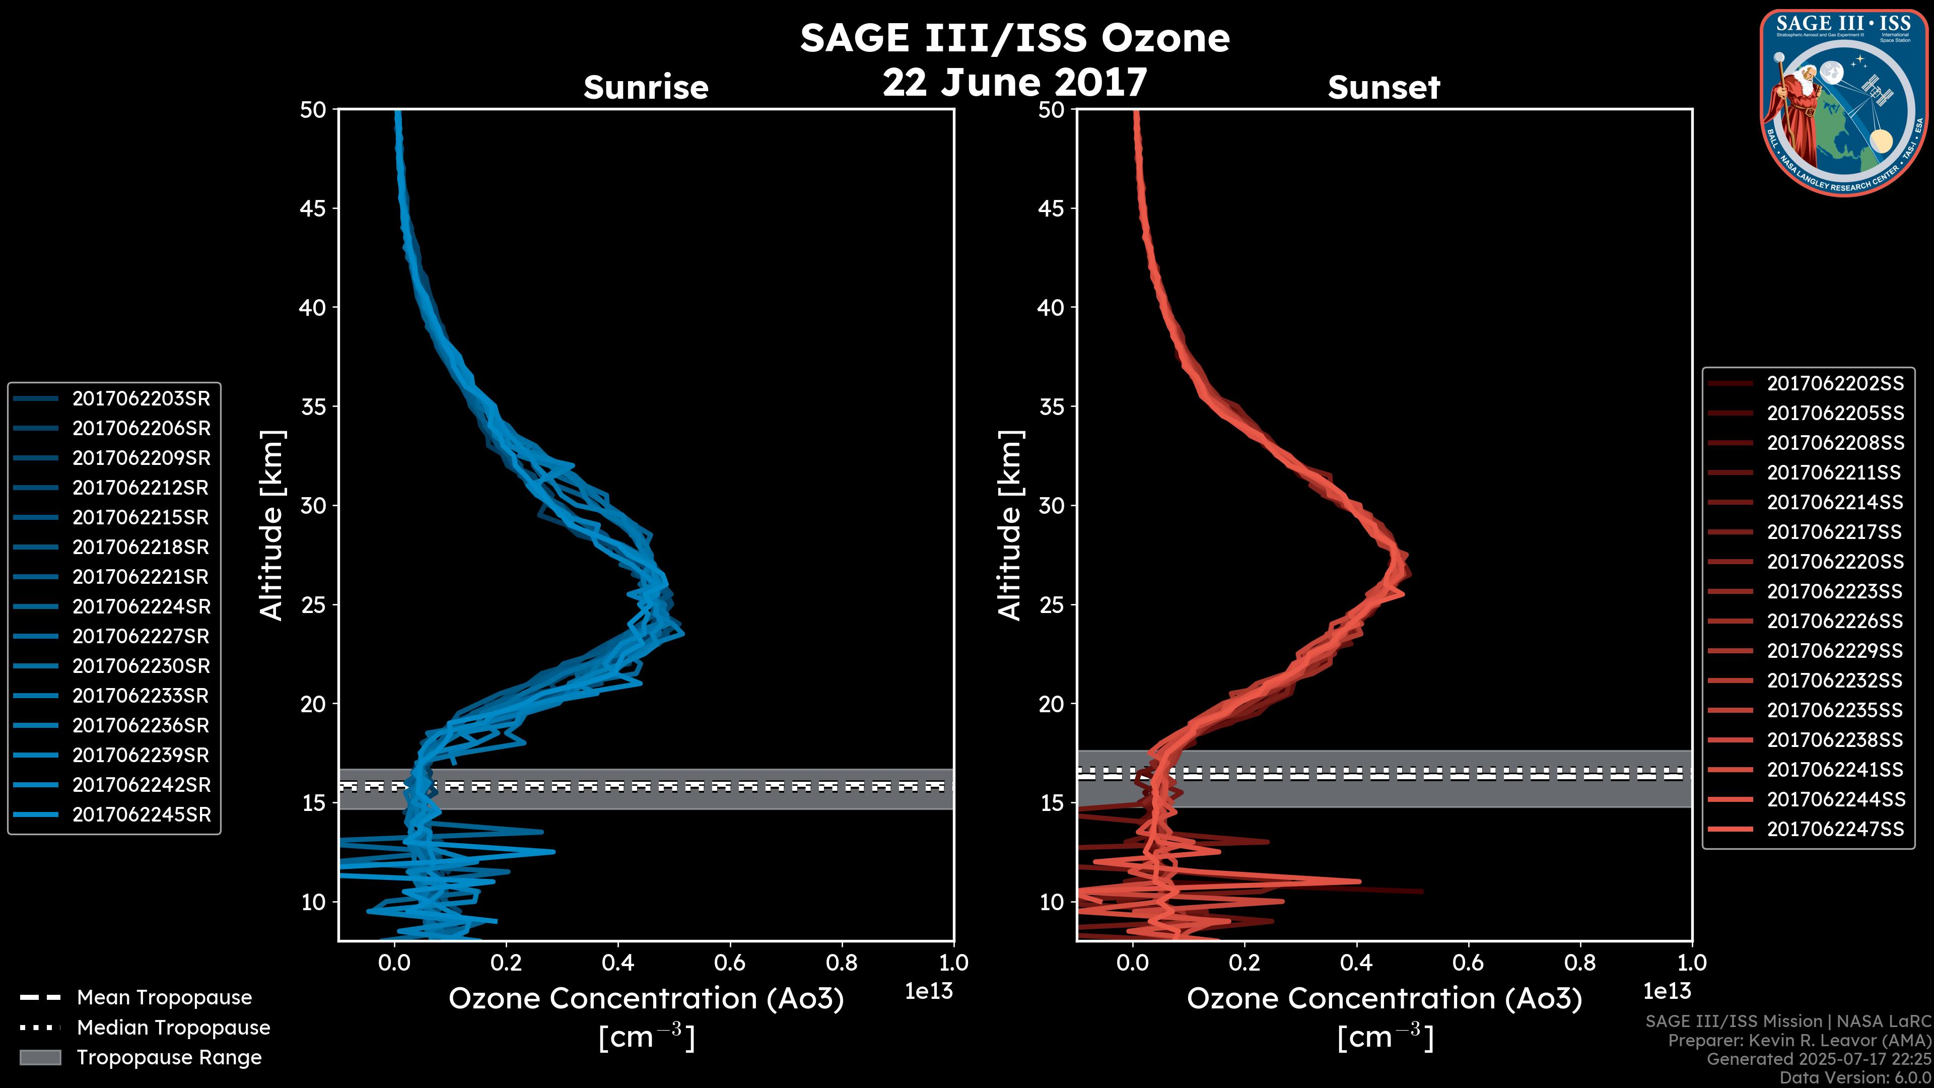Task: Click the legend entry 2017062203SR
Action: tap(141, 399)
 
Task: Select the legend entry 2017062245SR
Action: tap(141, 814)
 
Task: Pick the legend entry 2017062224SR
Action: tap(141, 606)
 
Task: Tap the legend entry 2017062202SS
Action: tap(1835, 384)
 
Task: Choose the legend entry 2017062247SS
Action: tap(1835, 829)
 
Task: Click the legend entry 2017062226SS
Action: tap(1835, 621)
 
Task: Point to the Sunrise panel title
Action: tap(646, 88)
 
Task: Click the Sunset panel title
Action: tap(1384, 88)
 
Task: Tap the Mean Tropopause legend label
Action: tap(164, 997)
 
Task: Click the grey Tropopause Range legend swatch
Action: tap(40, 1057)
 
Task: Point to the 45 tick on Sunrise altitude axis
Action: tap(313, 208)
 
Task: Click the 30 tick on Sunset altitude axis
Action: tap(1051, 505)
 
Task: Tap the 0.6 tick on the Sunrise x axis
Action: tap(730, 963)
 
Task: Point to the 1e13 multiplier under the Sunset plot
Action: tap(1667, 991)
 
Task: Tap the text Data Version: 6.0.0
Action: tap(1856, 1078)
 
